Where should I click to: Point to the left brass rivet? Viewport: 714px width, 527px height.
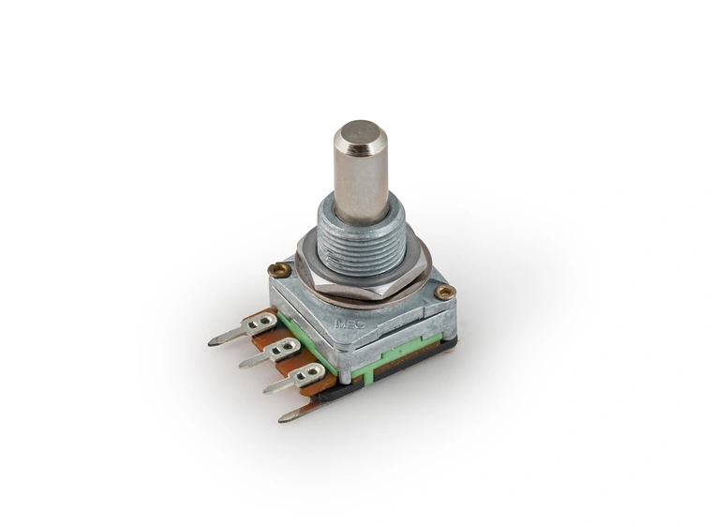click(278, 270)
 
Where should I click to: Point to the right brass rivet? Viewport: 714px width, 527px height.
click(445, 293)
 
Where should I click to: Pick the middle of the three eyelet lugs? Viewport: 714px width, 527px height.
click(272, 354)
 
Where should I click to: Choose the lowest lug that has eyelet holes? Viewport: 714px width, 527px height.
click(295, 378)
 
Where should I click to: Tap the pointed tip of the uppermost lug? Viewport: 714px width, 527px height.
click(213, 341)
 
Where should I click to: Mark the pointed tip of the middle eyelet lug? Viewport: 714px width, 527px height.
click(243, 364)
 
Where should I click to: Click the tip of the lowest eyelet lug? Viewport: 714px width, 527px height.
click(267, 388)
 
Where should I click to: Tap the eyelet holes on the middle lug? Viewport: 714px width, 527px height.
click(286, 348)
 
